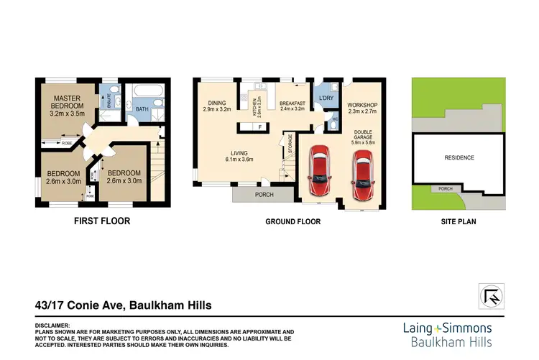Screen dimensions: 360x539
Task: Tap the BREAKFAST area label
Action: (292, 103)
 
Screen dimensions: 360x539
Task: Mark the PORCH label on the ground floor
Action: (262, 194)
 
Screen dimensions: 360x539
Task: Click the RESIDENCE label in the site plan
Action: (459, 157)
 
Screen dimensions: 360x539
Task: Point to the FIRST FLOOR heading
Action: (102, 221)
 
